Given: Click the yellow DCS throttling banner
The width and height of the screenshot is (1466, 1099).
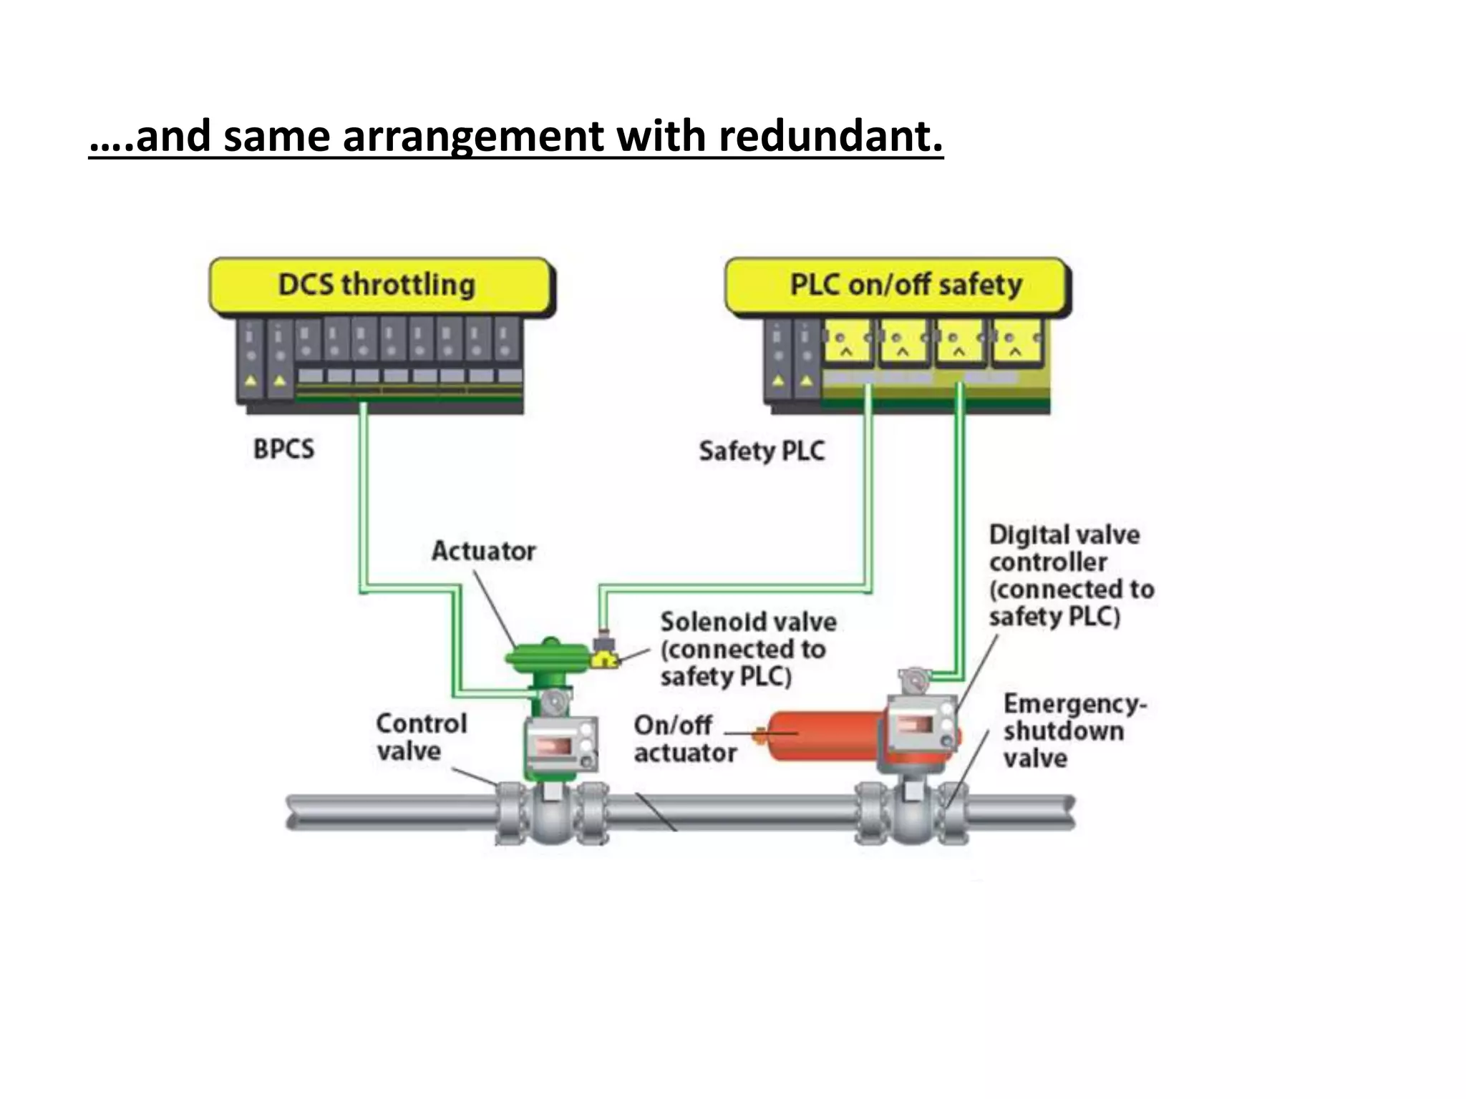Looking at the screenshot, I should pos(377,285).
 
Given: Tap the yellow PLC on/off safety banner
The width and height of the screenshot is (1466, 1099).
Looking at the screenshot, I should pos(905,285).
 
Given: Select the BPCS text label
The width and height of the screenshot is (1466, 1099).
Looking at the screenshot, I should pos(283,449).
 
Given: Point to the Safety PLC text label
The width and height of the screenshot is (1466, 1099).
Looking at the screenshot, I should pos(762,451).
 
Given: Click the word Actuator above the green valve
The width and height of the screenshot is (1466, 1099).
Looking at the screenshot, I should pos(483,551).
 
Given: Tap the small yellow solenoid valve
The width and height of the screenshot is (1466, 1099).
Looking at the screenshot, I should pos(605,658).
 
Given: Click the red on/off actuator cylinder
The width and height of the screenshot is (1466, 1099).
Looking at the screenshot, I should pos(823,735).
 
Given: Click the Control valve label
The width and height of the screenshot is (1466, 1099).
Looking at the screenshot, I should pos(420,737).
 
